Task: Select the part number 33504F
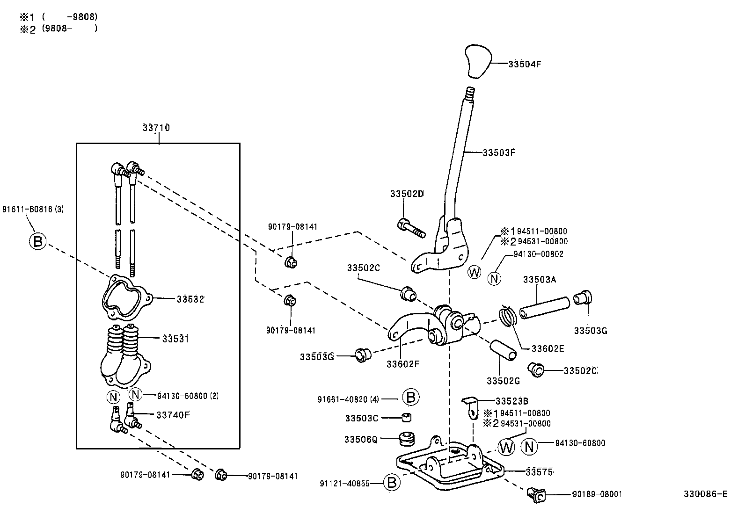pyautogui.click(x=525, y=65)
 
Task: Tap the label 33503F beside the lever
pyautogui.click(x=499, y=152)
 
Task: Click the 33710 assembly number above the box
pyautogui.click(x=156, y=128)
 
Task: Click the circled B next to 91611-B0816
pyautogui.click(x=38, y=241)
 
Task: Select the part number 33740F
pyautogui.click(x=173, y=414)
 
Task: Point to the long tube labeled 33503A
pyautogui.click(x=544, y=308)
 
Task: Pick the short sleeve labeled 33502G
pyautogui.click(x=503, y=350)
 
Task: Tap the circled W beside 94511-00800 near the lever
pyautogui.click(x=475, y=272)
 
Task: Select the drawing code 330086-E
pyautogui.click(x=705, y=494)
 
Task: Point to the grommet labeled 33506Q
pyautogui.click(x=407, y=439)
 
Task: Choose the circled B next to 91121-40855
pyautogui.click(x=392, y=482)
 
